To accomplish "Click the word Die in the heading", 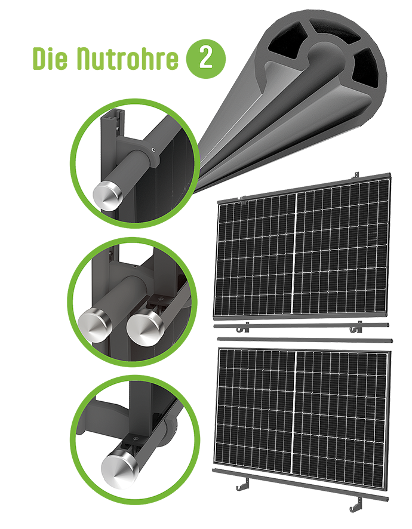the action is pos(50,59).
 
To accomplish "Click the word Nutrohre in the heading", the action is pos(127,59).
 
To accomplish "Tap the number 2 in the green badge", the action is pos(205,59).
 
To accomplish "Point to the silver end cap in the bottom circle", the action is pos(119,468).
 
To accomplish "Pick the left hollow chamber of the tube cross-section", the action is pos(286,41).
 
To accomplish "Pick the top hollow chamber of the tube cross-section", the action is pos(334,32).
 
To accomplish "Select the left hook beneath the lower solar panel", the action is pos(242,484).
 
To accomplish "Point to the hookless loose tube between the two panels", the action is pos(305,340).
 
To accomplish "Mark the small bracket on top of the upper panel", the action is pos(356,176).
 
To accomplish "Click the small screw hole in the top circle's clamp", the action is pos(153,150).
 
